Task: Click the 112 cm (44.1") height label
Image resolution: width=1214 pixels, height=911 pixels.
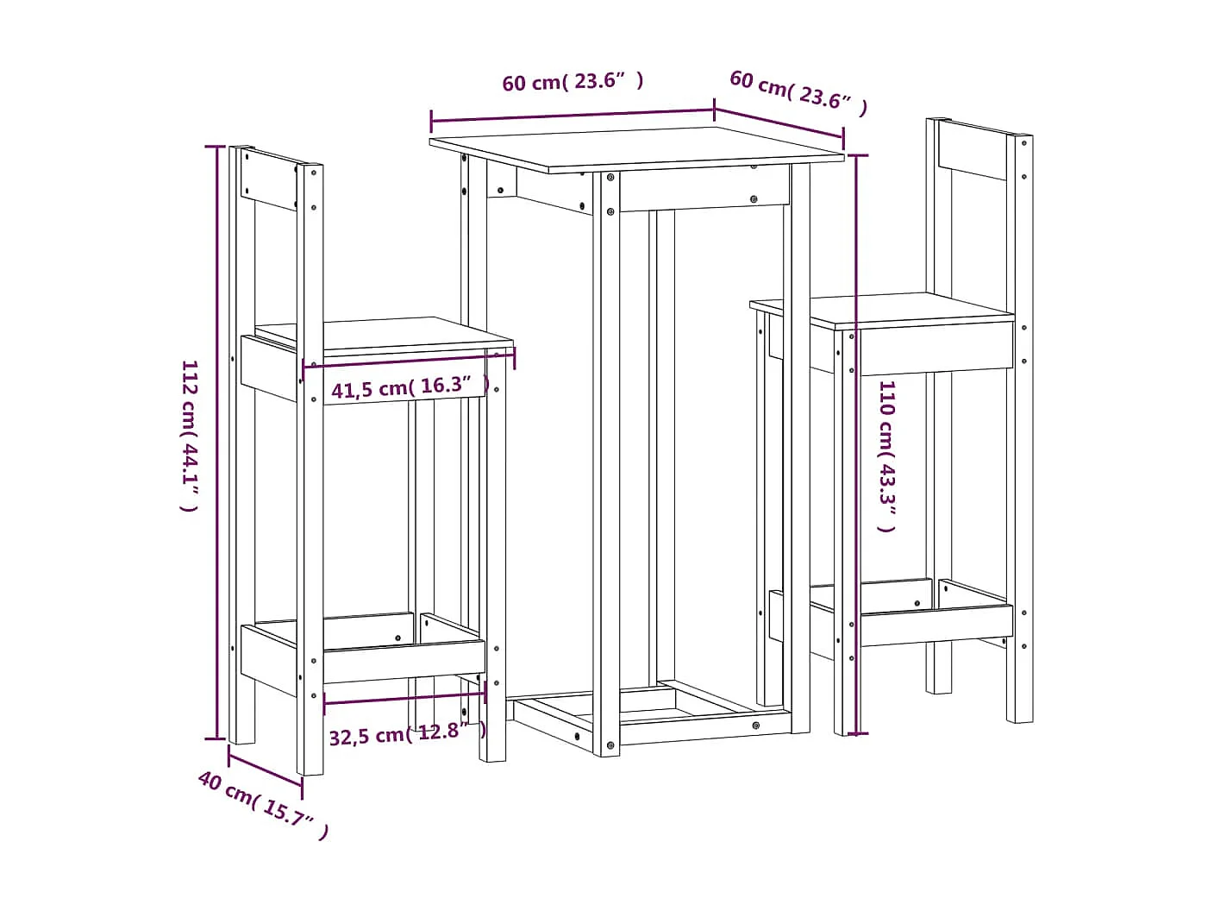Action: click(190, 436)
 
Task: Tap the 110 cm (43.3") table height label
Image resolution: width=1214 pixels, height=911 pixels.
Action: click(886, 455)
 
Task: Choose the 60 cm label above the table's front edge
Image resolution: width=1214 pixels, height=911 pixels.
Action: click(573, 82)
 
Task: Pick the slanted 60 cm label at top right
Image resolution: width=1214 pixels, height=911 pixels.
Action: click(798, 91)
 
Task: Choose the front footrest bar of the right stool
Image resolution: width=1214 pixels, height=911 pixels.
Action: click(936, 625)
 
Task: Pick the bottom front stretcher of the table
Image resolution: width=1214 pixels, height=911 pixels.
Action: click(703, 728)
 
